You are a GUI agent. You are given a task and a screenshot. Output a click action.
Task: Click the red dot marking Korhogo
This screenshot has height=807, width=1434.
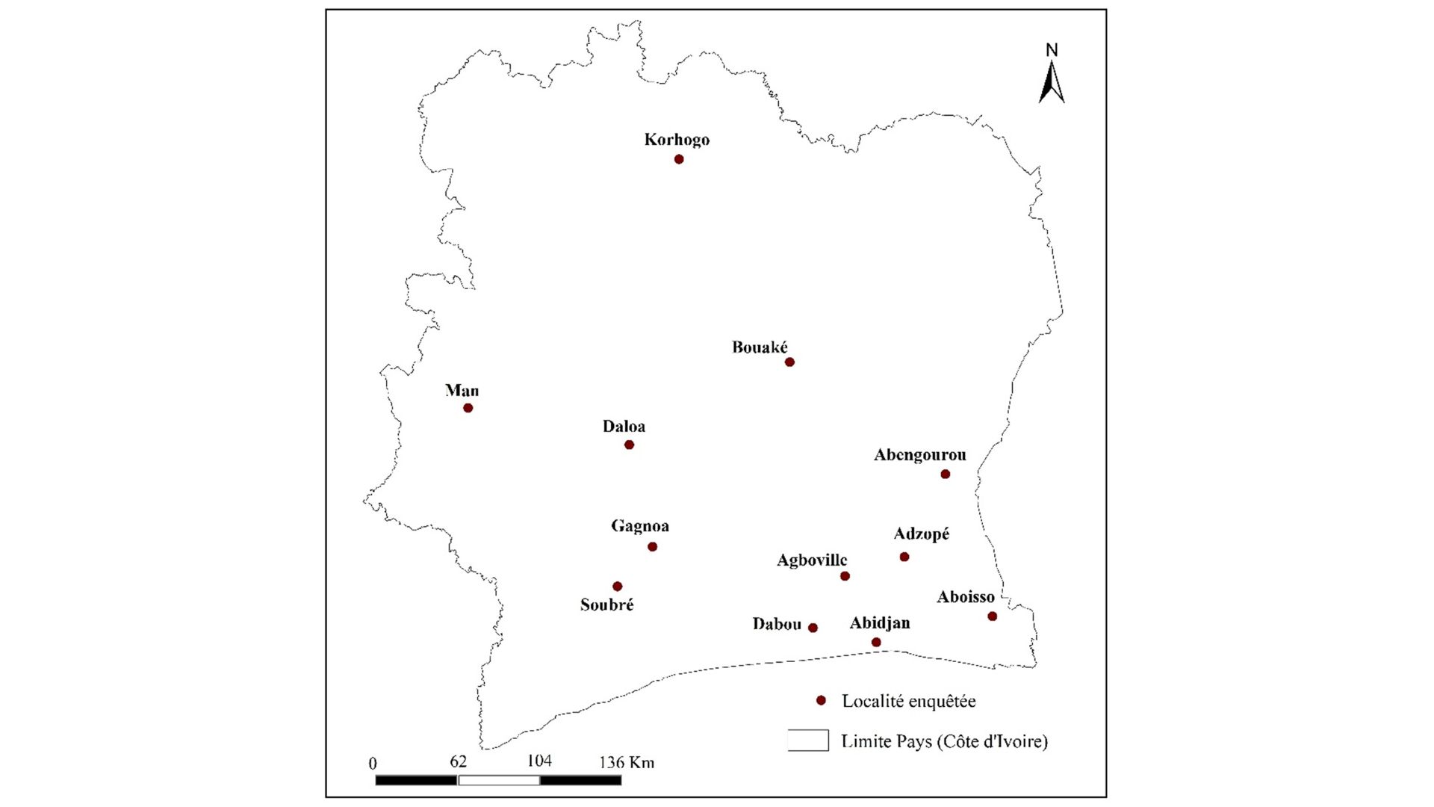[679, 159]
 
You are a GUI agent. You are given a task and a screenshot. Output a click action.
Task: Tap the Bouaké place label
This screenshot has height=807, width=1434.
[760, 347]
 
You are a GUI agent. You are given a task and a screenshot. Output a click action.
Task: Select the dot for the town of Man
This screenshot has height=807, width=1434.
[468, 408]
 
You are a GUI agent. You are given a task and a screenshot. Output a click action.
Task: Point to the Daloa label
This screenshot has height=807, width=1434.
[624, 427]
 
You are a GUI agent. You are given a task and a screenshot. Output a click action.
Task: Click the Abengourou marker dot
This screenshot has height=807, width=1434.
[945, 474]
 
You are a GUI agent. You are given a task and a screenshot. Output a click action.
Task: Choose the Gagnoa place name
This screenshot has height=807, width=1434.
[640, 526]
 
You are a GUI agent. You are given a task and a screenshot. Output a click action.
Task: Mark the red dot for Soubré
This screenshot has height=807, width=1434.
[617, 587]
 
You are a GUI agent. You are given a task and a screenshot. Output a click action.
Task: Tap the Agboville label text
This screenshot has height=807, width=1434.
[812, 560]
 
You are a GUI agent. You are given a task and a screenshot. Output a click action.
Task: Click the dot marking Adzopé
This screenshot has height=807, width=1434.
[904, 557]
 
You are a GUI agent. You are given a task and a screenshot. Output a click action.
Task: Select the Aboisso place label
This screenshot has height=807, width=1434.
[966, 597]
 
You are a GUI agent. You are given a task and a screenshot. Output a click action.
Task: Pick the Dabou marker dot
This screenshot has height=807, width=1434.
[813, 628]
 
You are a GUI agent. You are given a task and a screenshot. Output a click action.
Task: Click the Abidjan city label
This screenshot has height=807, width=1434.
[880, 623]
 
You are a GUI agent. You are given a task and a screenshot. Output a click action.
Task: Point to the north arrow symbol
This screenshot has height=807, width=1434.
[1052, 83]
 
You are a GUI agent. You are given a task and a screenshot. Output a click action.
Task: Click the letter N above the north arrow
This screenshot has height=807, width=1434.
[1052, 50]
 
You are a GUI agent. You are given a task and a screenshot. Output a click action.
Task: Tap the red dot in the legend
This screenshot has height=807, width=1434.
[821, 700]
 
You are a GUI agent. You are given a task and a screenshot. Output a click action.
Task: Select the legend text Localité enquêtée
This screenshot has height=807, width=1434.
[909, 701]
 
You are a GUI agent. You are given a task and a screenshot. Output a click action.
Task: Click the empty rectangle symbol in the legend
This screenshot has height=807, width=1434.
[808, 740]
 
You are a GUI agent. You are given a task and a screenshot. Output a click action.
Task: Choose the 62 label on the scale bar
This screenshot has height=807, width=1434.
[458, 761]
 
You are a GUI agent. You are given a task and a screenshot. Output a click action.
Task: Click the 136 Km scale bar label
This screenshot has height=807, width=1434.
[626, 762]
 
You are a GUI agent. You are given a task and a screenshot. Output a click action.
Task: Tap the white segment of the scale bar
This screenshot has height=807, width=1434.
[498, 780]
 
